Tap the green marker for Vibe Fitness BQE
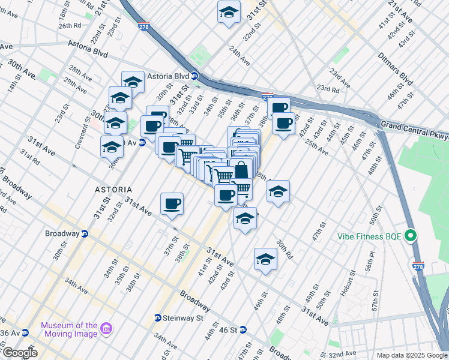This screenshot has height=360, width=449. [411, 235]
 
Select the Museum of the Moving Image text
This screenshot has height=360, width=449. [69, 329]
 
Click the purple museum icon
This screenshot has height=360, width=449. [107, 329]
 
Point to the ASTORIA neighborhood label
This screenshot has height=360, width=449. [113, 189]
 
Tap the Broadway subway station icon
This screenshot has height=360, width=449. [85, 233]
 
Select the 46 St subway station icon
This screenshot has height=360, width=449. [243, 329]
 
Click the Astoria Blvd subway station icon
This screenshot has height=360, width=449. [194, 76]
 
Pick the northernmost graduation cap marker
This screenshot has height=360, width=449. [229, 13]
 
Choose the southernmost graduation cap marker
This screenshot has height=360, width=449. [265, 260]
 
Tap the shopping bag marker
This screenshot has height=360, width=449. [241, 170]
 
